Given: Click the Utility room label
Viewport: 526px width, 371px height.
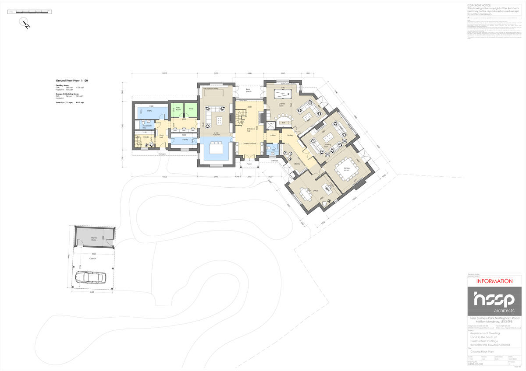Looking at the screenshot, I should click(x=149, y=111).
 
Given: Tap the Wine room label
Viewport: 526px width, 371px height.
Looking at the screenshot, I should click(x=191, y=109).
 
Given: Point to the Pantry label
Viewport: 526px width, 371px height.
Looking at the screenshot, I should click(x=185, y=140).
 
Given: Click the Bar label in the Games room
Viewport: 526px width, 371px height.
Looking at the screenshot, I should click(x=284, y=122).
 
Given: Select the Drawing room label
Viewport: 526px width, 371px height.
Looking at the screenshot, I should click(x=327, y=144).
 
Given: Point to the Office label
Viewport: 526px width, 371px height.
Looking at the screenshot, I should click(x=315, y=191).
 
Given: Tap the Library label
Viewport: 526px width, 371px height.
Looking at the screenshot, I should click(x=297, y=164).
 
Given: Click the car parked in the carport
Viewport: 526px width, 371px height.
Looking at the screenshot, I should click(x=91, y=277).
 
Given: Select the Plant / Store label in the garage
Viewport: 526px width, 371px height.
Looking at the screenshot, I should click(x=94, y=239).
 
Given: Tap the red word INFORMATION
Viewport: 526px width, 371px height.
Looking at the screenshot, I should click(x=494, y=281).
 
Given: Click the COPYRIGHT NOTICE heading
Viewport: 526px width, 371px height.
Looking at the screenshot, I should click(x=481, y=5).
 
